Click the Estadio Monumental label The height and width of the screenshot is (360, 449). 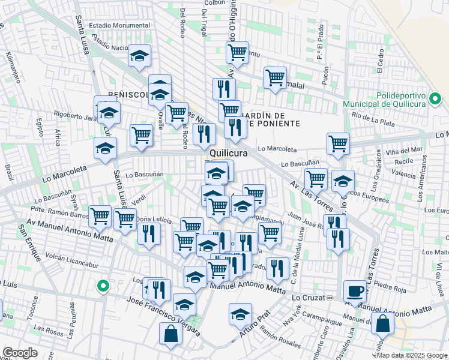click(119, 25)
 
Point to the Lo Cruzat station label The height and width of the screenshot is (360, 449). click(312, 298)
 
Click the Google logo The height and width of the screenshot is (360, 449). click(20, 353)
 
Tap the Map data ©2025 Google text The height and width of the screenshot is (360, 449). click(412, 355)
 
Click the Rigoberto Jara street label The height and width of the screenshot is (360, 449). click(75, 117)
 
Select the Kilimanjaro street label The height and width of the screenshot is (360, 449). click(13, 66)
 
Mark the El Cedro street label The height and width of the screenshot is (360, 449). click(381, 62)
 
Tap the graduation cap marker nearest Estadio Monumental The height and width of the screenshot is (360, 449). click(140, 56)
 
